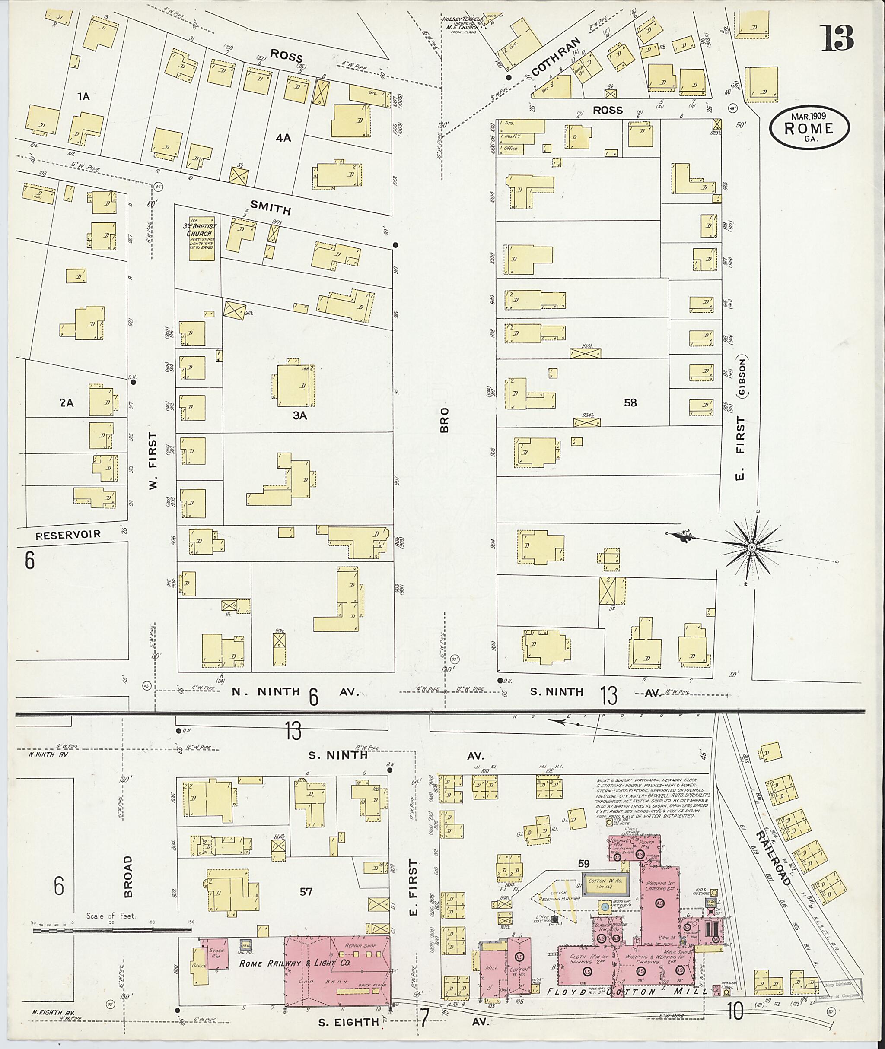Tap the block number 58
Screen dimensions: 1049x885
pos(630,402)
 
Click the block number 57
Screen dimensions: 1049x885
pos(306,891)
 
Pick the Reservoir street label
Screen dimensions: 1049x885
pos(68,535)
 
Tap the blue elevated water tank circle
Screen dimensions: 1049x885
pos(605,906)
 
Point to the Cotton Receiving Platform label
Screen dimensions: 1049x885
pos(558,896)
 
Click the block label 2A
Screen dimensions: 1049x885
pos(66,402)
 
